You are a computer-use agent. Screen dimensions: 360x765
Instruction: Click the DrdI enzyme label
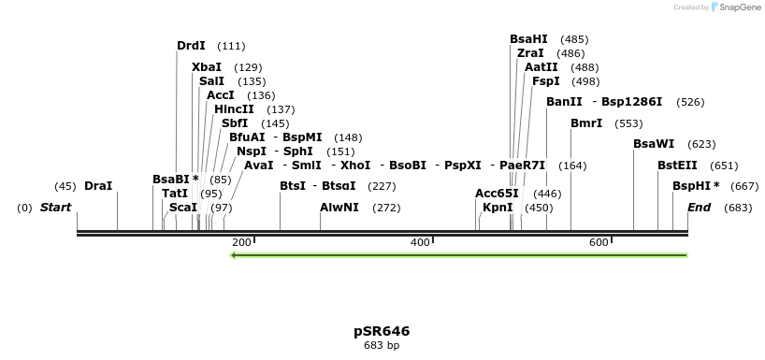[191, 46]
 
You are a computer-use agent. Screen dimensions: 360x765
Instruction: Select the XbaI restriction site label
[207, 67]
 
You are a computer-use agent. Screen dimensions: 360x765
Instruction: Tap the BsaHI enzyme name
[528, 39]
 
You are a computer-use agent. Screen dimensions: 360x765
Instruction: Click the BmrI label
[586, 123]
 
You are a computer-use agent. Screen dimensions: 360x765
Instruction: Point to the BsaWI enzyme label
[653, 144]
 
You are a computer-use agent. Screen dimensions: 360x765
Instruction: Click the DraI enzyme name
[98, 186]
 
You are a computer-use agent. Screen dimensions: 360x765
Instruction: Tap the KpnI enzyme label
[498, 208]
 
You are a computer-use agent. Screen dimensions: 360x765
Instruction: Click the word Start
[55, 208]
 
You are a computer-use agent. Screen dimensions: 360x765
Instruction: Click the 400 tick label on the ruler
[420, 243]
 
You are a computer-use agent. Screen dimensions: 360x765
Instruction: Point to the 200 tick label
[240, 243]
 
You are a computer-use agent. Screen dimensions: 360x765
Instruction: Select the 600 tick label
[599, 243]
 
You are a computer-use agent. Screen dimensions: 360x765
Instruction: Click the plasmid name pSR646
[382, 331]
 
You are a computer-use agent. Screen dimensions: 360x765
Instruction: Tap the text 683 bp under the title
[382, 345]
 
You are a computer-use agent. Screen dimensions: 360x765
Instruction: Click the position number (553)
[628, 123]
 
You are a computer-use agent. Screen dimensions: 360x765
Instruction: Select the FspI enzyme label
[546, 81]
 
